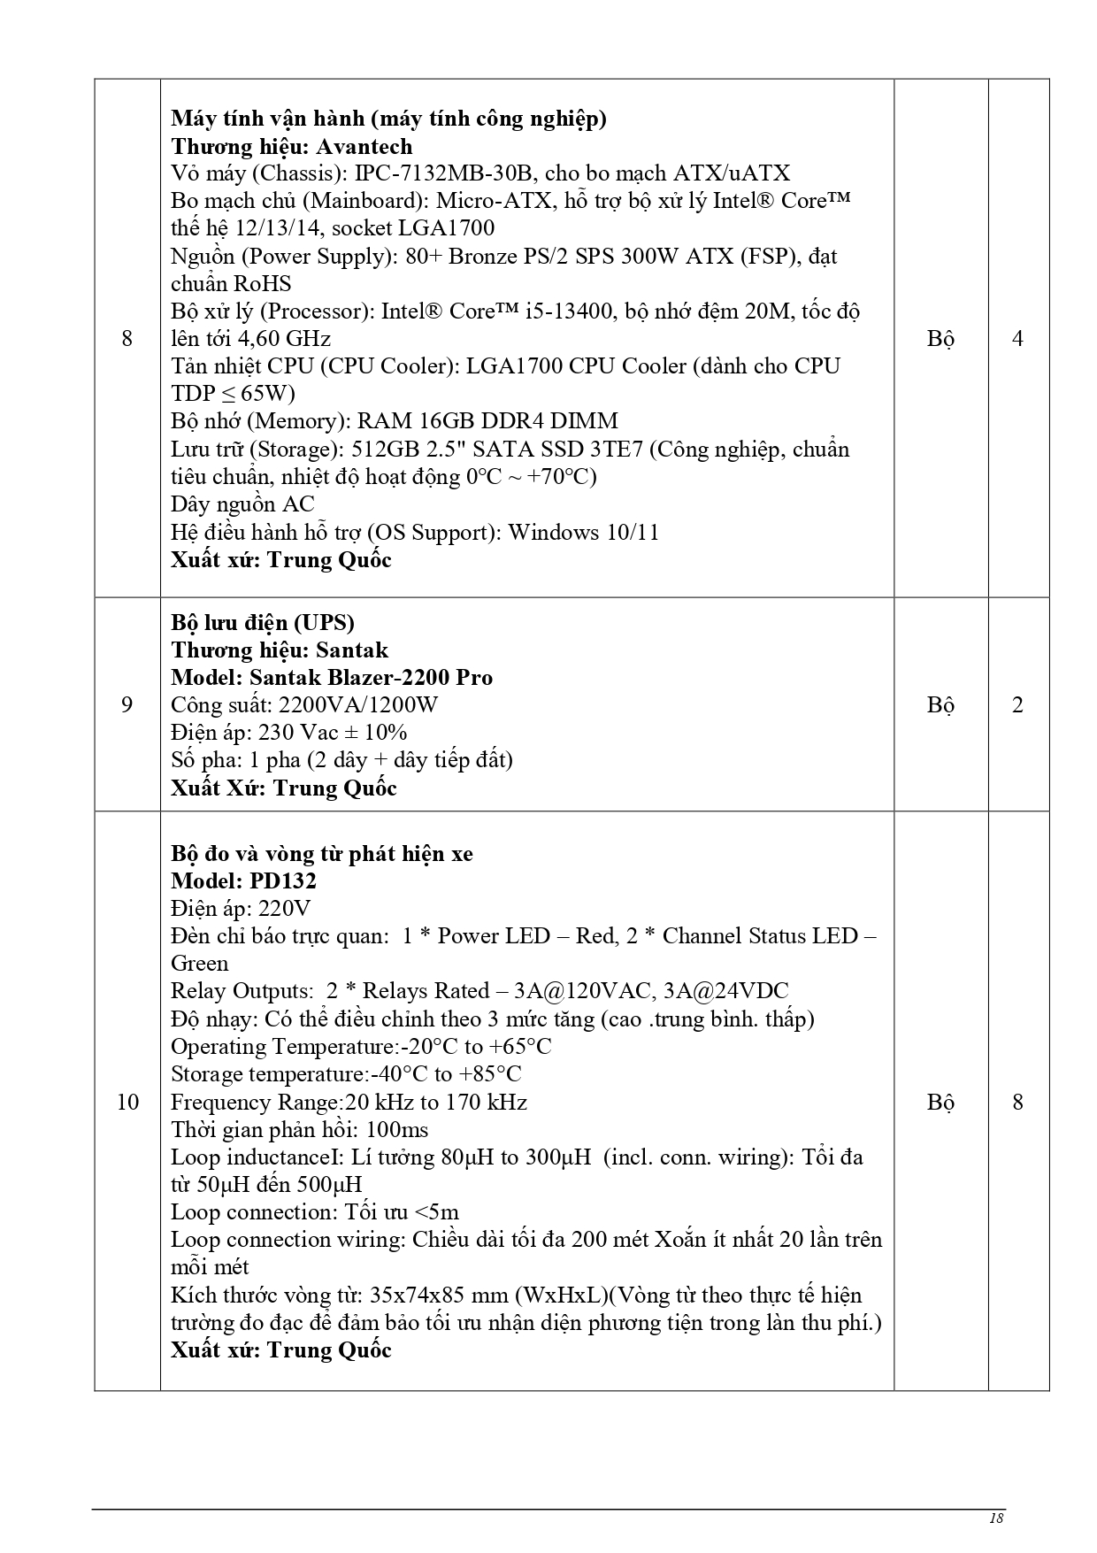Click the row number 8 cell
point(127,338)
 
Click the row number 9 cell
point(127,704)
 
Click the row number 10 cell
point(127,1102)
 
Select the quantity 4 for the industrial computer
point(1017,338)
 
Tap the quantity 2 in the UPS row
point(1017,704)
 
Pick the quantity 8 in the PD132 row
point(1017,1102)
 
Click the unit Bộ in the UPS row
point(940,704)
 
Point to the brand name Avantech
point(364,146)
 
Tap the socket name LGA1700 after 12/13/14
point(446,228)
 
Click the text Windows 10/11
point(583,532)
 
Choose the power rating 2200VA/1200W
point(357,705)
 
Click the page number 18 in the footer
point(995,1518)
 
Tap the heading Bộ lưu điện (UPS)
point(263,623)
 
